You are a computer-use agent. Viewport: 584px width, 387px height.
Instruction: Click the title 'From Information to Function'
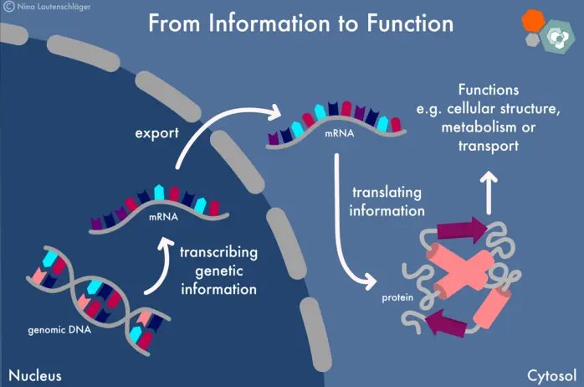300,23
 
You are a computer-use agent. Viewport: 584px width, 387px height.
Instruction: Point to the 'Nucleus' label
34,374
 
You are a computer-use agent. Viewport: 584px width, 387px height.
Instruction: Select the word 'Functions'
489,90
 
